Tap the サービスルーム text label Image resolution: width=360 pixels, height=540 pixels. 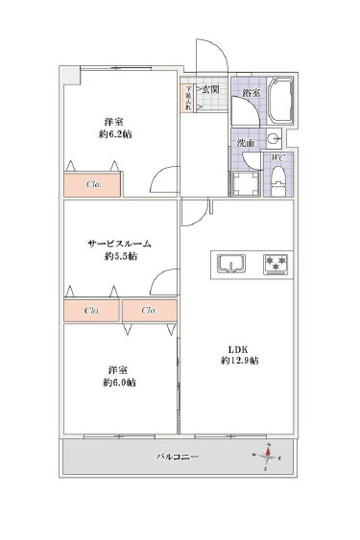[114, 244]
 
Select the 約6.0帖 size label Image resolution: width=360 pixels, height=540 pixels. [120, 383]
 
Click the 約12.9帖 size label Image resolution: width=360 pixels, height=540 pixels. [239, 361]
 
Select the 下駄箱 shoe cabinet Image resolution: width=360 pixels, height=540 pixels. [188, 98]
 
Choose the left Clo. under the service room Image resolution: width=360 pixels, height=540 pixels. [92, 311]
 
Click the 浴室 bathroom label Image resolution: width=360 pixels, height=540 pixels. [251, 94]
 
